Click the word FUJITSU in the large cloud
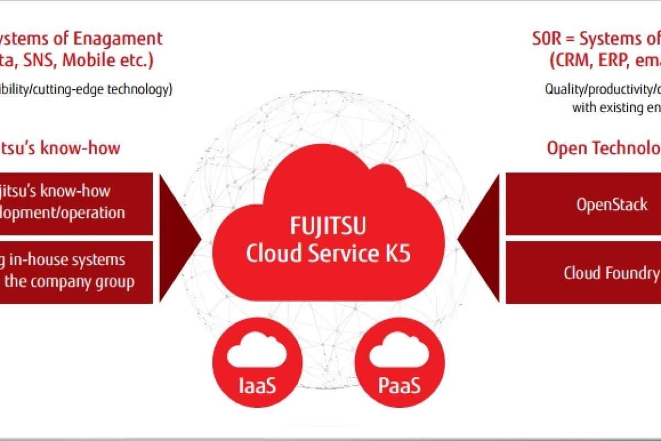pyautogui.click(x=328, y=227)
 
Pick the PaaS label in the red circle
pyautogui.click(x=399, y=385)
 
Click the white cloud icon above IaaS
pyautogui.click(x=257, y=353)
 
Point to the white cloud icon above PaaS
pyautogui.click(x=399, y=353)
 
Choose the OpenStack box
pyautogui.click(x=583, y=205)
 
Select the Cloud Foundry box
pyautogui.click(x=583, y=273)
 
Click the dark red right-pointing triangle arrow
pyautogui.click(x=180, y=238)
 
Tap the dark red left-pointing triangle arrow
pyautogui.click(x=479, y=238)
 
